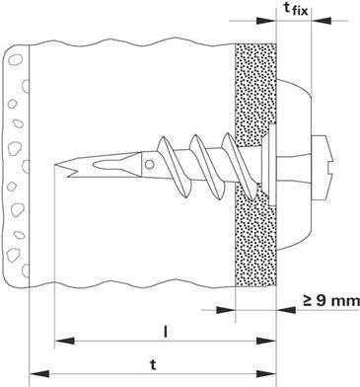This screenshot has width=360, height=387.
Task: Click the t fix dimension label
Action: coord(296,9)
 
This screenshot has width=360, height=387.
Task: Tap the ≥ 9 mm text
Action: coord(331,300)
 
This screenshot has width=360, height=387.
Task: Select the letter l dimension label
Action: coord(166,333)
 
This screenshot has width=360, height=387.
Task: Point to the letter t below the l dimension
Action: coord(153,365)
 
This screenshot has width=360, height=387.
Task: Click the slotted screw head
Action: coord(323,168)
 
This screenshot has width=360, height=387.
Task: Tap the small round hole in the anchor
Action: coord(150,164)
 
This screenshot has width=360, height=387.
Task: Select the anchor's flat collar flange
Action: coord(271,165)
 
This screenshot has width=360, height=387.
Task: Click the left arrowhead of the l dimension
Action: coord(64,341)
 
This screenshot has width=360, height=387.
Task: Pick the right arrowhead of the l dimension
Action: coord(266,341)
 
